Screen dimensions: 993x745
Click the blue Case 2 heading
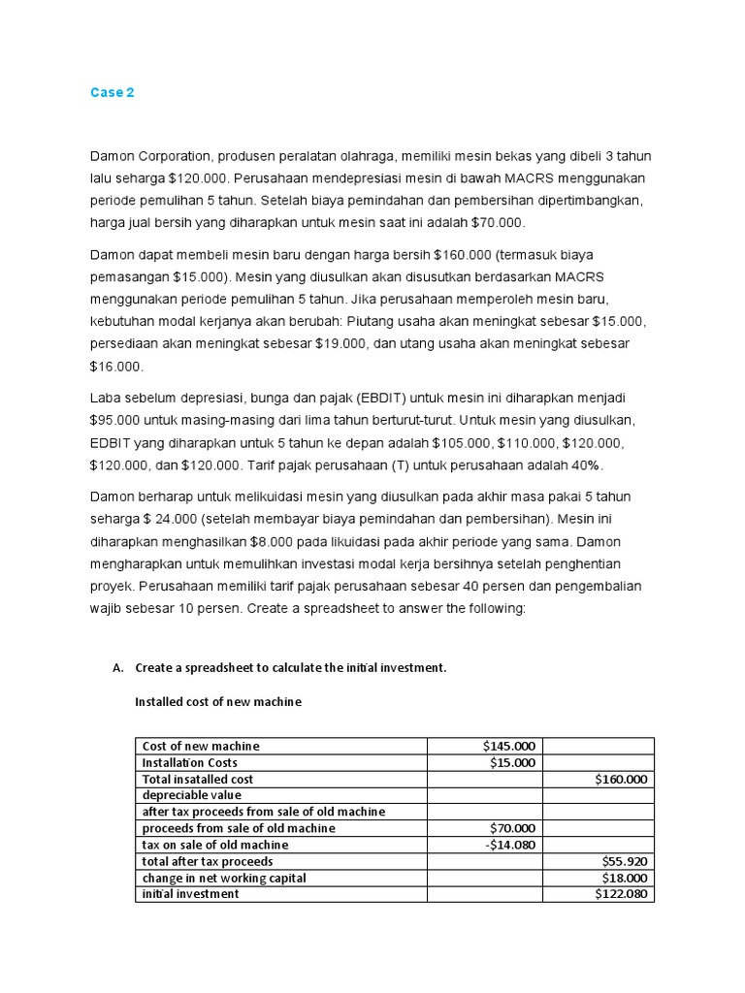(112, 93)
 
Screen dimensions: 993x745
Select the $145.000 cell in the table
(508, 746)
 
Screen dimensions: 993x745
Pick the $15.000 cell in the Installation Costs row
(511, 762)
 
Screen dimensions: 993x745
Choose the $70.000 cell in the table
(511, 828)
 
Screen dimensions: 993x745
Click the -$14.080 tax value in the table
(508, 845)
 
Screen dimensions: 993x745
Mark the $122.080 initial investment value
(622, 894)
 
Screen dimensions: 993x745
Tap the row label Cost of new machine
(201, 746)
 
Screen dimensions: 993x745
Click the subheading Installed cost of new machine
(217, 701)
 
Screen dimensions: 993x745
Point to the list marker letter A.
(118, 668)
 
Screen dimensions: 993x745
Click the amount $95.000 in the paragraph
(115, 421)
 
